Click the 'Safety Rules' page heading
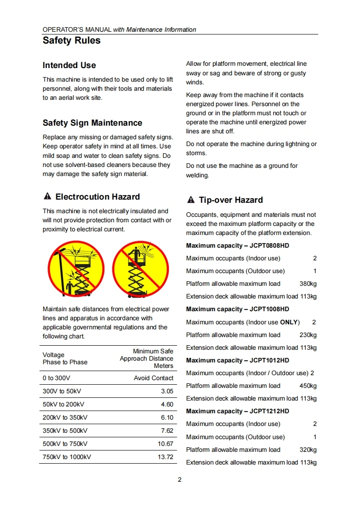pyautogui.click(x=72, y=41)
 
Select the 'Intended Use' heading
pyautogui.click(x=69, y=65)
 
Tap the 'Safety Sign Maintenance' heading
pyautogui.click(x=92, y=123)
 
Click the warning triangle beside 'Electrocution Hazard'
pyautogui.click(x=47, y=196)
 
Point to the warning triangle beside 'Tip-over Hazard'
pyautogui.click(x=191, y=200)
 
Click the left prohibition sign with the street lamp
pyautogui.click(x=76, y=269)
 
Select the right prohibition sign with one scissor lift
pyautogui.click(x=140, y=269)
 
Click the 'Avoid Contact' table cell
pyautogui.click(x=153, y=378)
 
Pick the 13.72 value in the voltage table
pyautogui.click(x=165, y=457)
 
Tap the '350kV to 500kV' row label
pyautogui.click(x=65, y=431)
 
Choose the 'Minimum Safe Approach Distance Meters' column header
pyautogui.click(x=147, y=358)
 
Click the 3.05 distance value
pyautogui.click(x=167, y=391)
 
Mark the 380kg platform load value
pyautogui.click(x=308, y=284)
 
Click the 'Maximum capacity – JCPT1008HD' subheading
pyautogui.click(x=237, y=309)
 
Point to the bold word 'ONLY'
pyautogui.click(x=289, y=322)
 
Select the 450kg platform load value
pyautogui.click(x=308, y=386)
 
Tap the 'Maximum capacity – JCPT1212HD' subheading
pyautogui.click(x=237, y=411)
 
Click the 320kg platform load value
pyautogui.click(x=308, y=450)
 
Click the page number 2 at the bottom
pyautogui.click(x=180, y=480)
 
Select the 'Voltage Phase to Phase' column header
pyautogui.click(x=65, y=358)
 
